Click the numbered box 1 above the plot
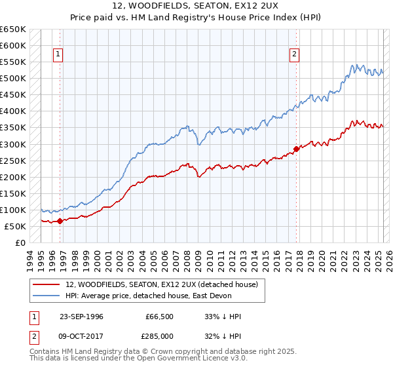[x=58, y=55]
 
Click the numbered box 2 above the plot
[x=294, y=55]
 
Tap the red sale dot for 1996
[x=60, y=221]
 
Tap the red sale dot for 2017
[x=296, y=149]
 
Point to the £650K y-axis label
[x=13, y=29]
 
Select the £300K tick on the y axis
[x=13, y=144]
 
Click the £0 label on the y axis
[x=20, y=242]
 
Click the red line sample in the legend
[x=47, y=284]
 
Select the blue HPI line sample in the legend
[x=47, y=296]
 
